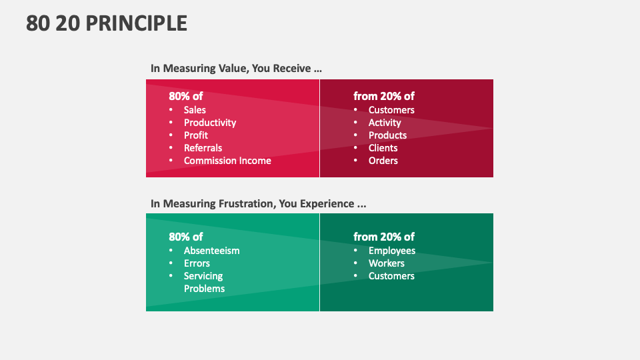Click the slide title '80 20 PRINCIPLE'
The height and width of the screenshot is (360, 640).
[107, 23]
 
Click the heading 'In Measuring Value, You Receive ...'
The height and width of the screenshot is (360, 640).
[237, 68]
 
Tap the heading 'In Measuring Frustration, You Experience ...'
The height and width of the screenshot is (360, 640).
[258, 203]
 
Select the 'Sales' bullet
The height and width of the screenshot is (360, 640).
[195, 110]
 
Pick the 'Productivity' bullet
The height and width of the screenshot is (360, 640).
[210, 123]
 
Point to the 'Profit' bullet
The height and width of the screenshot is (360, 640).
[196, 135]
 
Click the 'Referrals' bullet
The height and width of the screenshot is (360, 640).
[203, 148]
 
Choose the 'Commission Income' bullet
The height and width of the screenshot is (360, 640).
[227, 161]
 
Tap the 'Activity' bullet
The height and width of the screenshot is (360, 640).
[385, 123]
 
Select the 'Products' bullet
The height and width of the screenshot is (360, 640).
[387, 135]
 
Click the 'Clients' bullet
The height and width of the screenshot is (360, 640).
[383, 148]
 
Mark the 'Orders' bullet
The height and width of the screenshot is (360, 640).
[383, 161]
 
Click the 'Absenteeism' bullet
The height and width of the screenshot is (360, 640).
[211, 251]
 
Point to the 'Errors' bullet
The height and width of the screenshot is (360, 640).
[197, 263]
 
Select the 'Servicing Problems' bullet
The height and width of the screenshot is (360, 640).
[204, 282]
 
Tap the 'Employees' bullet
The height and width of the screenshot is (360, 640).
[392, 251]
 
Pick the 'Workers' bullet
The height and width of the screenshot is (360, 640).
[387, 263]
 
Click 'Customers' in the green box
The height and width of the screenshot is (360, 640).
[391, 276]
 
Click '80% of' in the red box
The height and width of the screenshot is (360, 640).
[186, 96]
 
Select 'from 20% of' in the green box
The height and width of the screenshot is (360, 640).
[384, 237]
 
